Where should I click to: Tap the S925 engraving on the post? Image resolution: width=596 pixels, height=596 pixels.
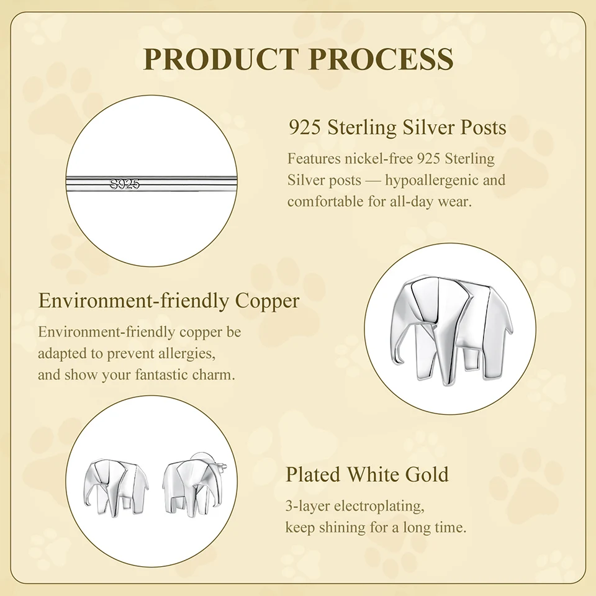pos(125,184)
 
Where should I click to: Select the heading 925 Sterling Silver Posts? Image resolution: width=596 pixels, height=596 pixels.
pos(397,127)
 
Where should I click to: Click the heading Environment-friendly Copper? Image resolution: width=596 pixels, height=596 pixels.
pos(169,301)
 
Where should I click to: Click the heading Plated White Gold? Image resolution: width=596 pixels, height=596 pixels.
pos(367,474)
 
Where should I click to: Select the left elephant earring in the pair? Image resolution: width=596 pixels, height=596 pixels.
pos(115,488)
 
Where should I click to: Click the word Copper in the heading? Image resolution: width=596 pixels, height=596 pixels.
pos(267,302)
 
